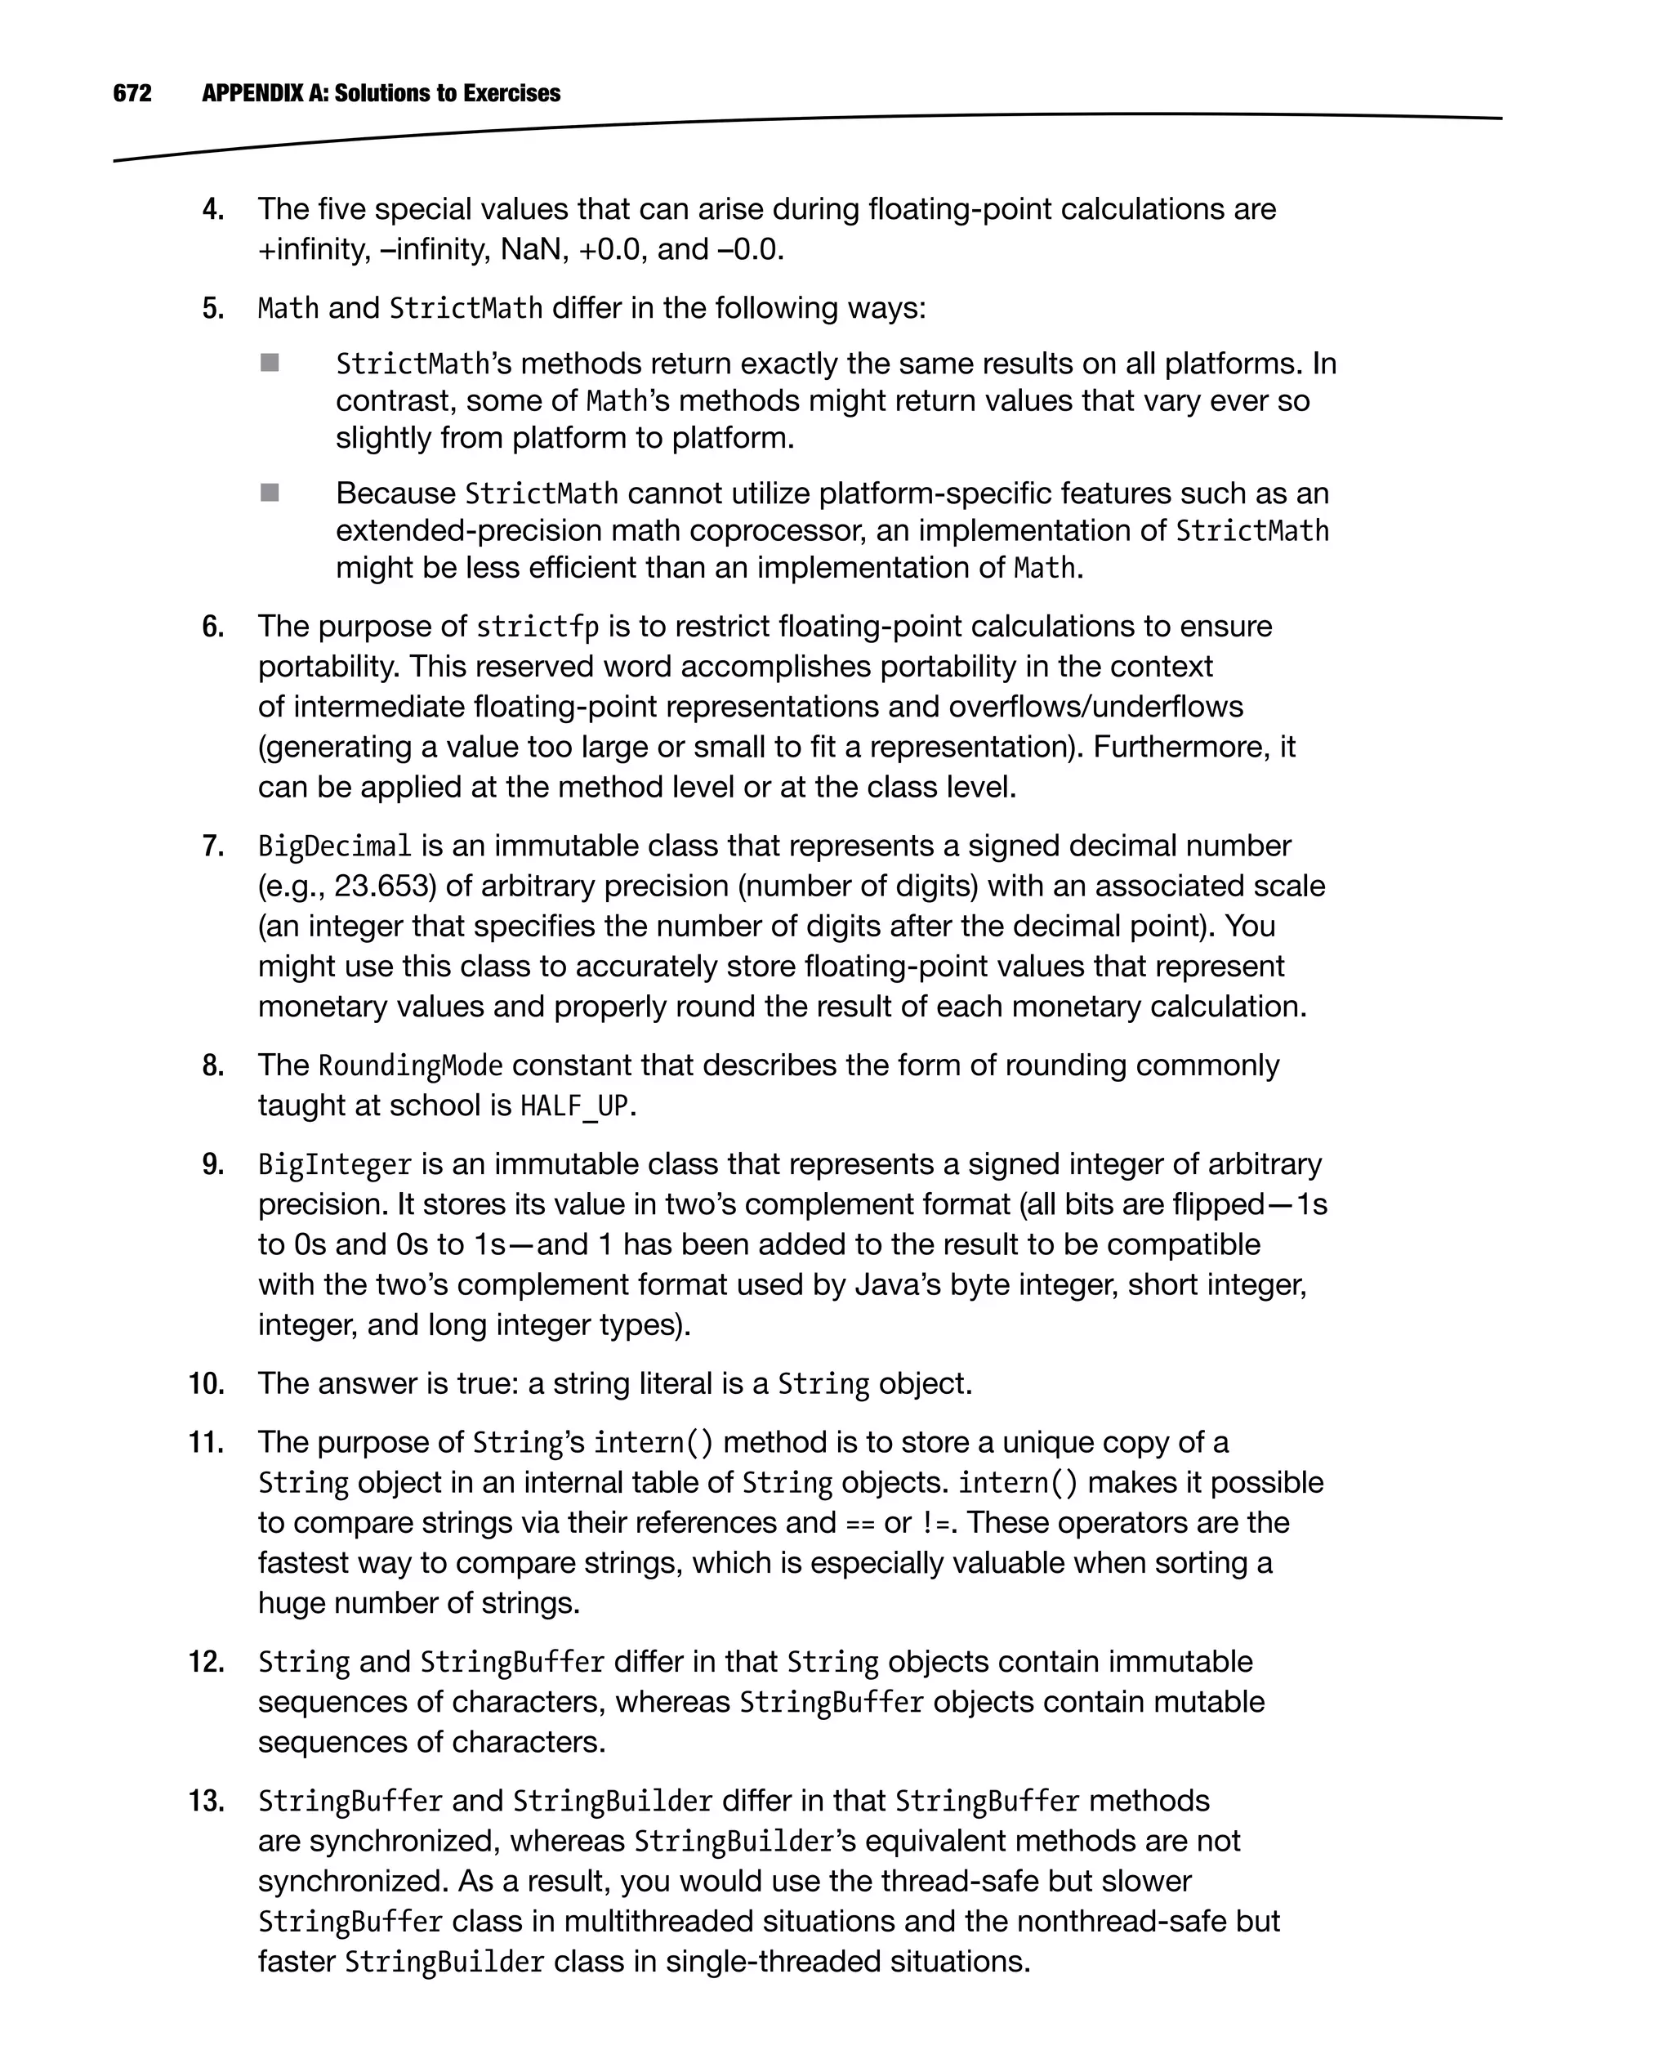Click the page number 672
pyautogui.click(x=132, y=93)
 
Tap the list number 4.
pyautogui.click(x=213, y=209)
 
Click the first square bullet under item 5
pyautogui.click(x=270, y=363)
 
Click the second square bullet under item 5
pyautogui.click(x=270, y=493)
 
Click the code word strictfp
pyautogui.click(x=537, y=627)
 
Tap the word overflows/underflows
pyautogui.click(x=1095, y=707)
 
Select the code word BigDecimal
pyautogui.click(x=334, y=846)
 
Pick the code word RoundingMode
pyautogui.click(x=411, y=1065)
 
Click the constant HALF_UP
pyautogui.click(x=574, y=1105)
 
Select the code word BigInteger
pyautogui.click(x=334, y=1164)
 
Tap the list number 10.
pyautogui.click(x=205, y=1383)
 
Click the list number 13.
pyautogui.click(x=205, y=1801)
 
